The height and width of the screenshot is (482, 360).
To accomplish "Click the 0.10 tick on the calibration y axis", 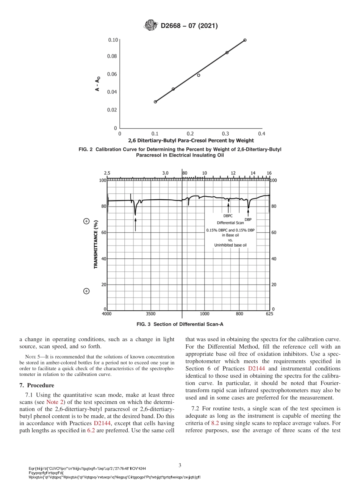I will coord(113,40).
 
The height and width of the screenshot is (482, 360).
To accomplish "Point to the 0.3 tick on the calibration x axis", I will coord(225,134).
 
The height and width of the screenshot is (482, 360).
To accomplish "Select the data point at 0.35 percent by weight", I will coord(245,40).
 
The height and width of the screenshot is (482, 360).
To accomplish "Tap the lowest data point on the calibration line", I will coord(155,102).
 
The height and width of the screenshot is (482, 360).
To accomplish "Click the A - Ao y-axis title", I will coord(98,84).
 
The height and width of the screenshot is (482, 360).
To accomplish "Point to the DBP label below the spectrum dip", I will coord(248,219).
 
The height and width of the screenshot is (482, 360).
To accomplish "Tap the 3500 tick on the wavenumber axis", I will coord(150,314).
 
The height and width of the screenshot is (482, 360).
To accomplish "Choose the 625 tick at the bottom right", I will coord(269,314).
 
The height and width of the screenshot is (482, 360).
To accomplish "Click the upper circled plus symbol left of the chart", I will coord(86,221).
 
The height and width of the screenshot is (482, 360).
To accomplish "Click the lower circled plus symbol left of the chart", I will coord(86,291).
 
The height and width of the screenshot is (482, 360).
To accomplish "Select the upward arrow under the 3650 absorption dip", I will coord(135,224).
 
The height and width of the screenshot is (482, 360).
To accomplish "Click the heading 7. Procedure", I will coord(37,386).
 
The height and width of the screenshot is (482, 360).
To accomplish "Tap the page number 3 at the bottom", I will coord(180,465).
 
